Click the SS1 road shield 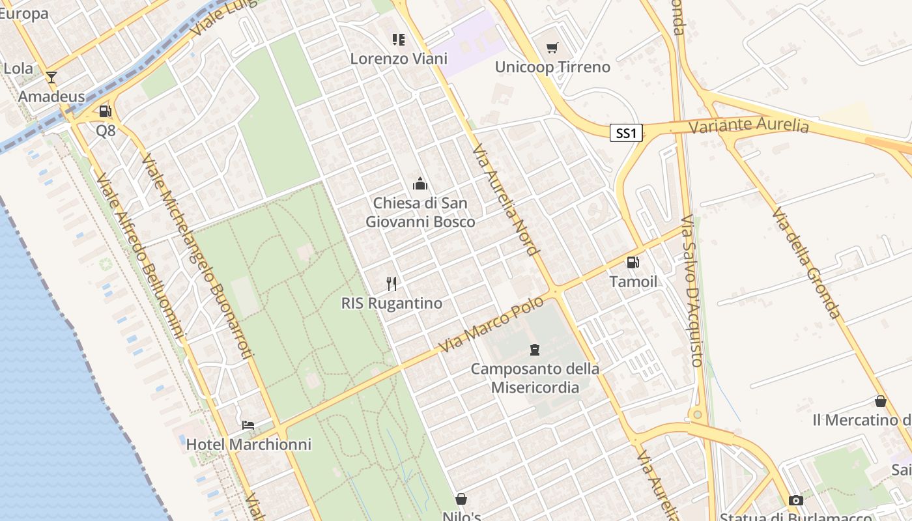pyautogui.click(x=626, y=134)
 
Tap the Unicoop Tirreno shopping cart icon pyautogui.click(x=552, y=48)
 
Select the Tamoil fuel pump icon pyautogui.click(x=633, y=262)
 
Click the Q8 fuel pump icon pyautogui.click(x=106, y=111)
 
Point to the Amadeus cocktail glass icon pyautogui.click(x=51, y=77)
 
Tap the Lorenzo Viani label pyautogui.click(x=399, y=59)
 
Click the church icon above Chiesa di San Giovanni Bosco pyautogui.click(x=420, y=184)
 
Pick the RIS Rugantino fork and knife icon pyautogui.click(x=392, y=283)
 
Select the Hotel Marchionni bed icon pyautogui.click(x=248, y=425)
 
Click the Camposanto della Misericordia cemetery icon pyautogui.click(x=535, y=350)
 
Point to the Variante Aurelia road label pyautogui.click(x=748, y=126)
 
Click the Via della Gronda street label pyautogui.click(x=806, y=263)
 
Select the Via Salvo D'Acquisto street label pyautogui.click(x=691, y=290)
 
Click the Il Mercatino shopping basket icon pyautogui.click(x=881, y=402)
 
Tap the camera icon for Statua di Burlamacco pyautogui.click(x=795, y=500)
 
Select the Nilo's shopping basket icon pyautogui.click(x=461, y=500)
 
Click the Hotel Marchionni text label pyautogui.click(x=249, y=445)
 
